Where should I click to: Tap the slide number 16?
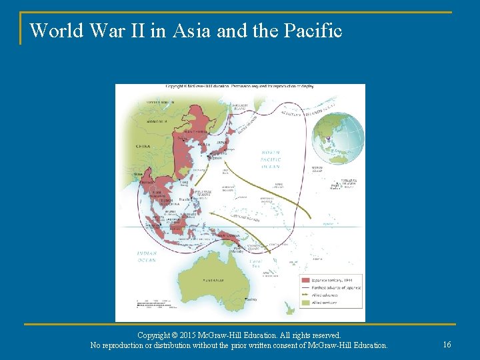(x=447, y=344)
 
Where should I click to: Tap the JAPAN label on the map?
(x=223, y=142)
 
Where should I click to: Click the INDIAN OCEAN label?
(x=146, y=257)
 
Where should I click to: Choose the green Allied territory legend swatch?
(x=305, y=303)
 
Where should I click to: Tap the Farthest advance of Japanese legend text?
(x=336, y=288)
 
